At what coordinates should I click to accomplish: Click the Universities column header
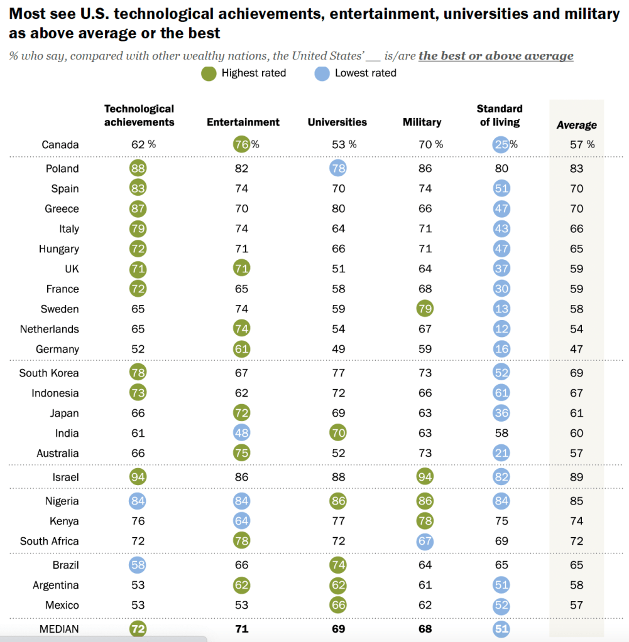pos(337,122)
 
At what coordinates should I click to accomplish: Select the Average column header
pos(576,125)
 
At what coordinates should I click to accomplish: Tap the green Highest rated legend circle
pos(209,73)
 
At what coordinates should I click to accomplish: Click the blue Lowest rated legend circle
pos(322,73)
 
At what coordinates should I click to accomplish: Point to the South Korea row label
pos(49,373)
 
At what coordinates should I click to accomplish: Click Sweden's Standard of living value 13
pos(501,309)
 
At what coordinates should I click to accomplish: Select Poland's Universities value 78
pos(337,168)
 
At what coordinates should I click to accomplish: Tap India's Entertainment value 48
pos(241,433)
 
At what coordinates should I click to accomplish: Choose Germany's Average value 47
pos(576,349)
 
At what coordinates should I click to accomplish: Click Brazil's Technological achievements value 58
pos(138,565)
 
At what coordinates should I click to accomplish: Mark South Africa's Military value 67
pos(425,541)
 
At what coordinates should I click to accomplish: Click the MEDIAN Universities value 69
pos(337,629)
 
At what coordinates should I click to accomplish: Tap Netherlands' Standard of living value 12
pos(501,329)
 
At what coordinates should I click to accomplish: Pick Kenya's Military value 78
pos(425,521)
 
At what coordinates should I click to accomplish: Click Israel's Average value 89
pos(576,477)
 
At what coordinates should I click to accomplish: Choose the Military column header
pos(422,122)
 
